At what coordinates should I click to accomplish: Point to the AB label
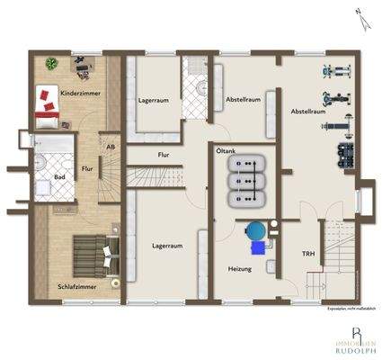click(111, 147)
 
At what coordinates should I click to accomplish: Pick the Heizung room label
click(239, 269)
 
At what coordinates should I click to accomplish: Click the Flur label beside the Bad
click(87, 167)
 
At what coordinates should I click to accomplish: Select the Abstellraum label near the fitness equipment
click(308, 111)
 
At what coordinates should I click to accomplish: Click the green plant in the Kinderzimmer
click(52, 64)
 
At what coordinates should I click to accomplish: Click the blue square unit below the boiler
click(259, 245)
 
